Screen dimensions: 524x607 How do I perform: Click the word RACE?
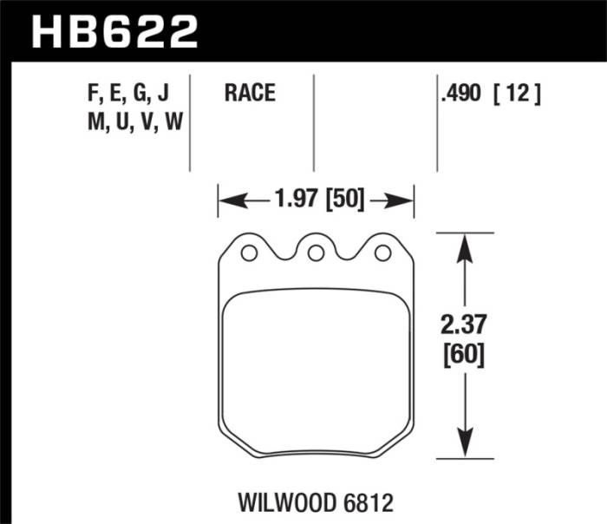(250, 94)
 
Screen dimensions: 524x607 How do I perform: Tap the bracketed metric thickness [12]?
(519, 94)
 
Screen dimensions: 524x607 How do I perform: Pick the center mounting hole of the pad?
(316, 252)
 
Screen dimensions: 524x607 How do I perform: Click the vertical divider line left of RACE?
(190, 121)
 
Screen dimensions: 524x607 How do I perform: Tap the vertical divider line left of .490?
(437, 121)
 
